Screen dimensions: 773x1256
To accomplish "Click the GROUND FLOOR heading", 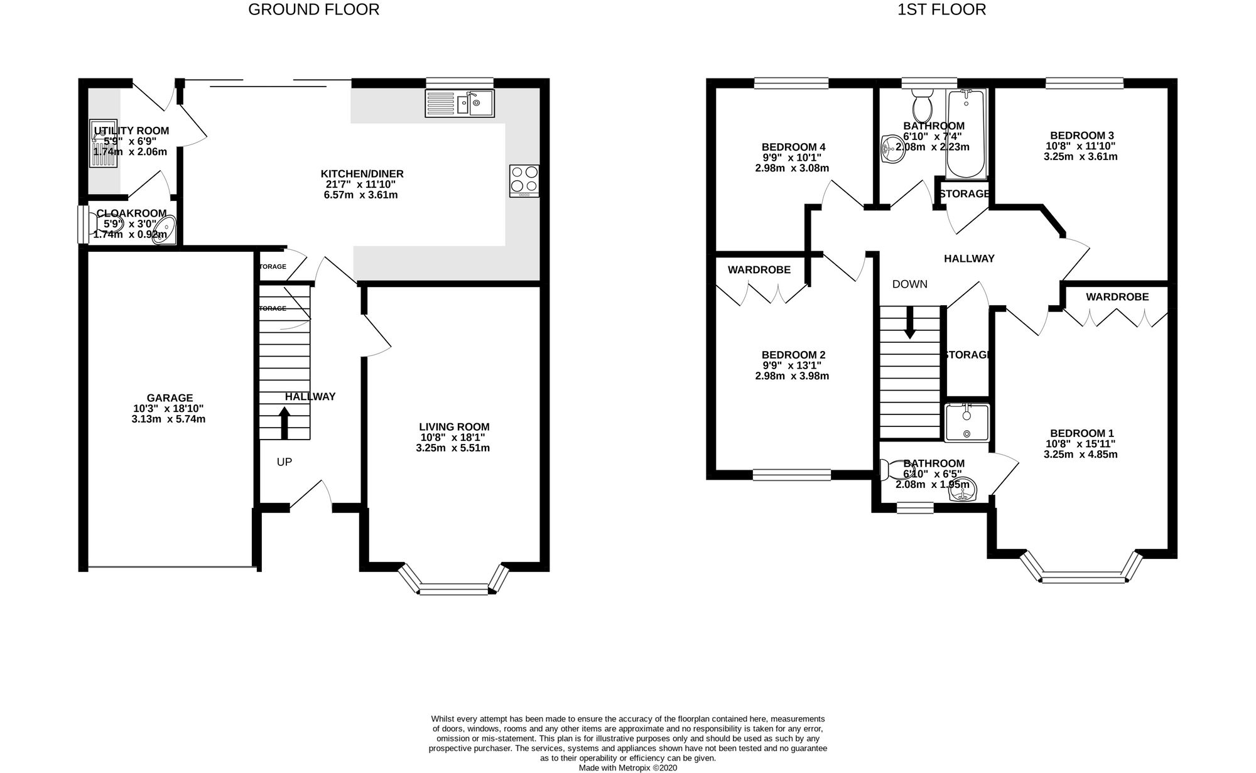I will pos(313,9).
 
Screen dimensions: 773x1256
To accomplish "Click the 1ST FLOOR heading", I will pos(941,9).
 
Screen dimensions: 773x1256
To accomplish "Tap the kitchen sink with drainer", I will pos(460,103).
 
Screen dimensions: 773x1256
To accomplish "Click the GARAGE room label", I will pos(170,398).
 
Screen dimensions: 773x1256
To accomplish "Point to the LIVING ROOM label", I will pos(454,427).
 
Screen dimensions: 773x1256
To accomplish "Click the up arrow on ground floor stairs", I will pos(284,423).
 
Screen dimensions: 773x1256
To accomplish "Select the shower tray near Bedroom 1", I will pos(966,423).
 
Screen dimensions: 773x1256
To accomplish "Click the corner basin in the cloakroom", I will pos(166,229).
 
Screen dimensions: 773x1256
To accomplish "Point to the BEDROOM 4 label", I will pos(792,147).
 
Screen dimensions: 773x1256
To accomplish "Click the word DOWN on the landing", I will pos(909,284).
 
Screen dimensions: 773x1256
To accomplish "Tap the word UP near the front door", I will pos(284,462).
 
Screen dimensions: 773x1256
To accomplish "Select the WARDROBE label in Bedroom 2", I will pos(759,270).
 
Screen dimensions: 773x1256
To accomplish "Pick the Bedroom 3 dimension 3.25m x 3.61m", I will pos(1080,157).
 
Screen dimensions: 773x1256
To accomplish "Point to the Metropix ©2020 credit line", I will pos(628,767).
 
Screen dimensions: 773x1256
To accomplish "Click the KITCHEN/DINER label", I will pos(362,174).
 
